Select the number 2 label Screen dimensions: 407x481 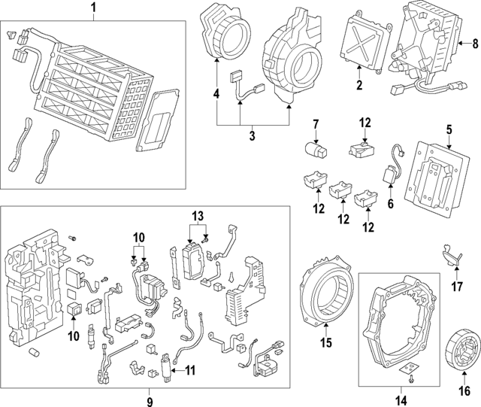point(359,86)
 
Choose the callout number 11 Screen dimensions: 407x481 point(190,369)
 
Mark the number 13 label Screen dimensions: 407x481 point(198,217)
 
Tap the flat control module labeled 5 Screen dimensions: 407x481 point(434,175)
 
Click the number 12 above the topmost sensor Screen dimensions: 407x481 point(365,122)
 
